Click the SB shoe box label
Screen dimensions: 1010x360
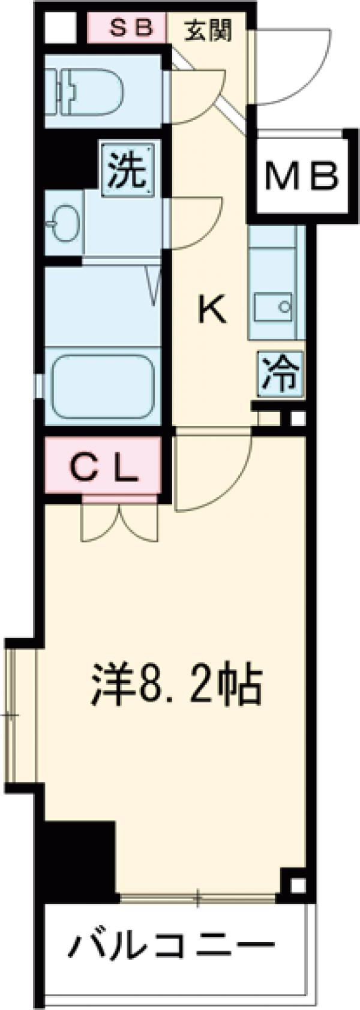(127, 29)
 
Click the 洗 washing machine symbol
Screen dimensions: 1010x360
(127, 170)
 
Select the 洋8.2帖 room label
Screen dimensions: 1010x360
(178, 683)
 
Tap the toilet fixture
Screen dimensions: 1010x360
(90, 89)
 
